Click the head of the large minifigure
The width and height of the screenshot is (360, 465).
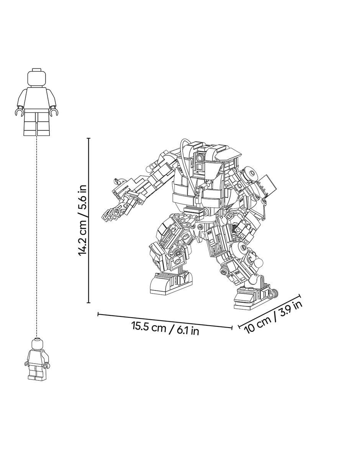tap(37, 77)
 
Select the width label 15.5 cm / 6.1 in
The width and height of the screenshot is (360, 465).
tap(165, 330)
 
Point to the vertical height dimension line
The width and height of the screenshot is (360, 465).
tap(88, 220)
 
